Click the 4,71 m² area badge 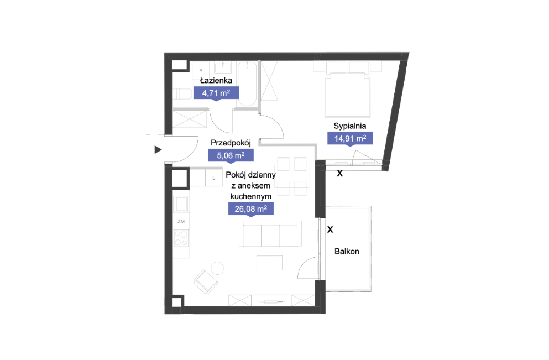click(x=216, y=93)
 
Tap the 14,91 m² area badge click(x=350, y=138)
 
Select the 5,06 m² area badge click(x=231, y=155)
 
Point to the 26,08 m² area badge click(x=250, y=209)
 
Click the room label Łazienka click(x=216, y=80)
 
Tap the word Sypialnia click(x=350, y=126)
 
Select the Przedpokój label click(x=231, y=143)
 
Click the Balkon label click(x=347, y=252)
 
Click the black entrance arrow click(x=158, y=150)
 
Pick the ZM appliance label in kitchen click(x=181, y=222)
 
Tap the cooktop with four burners click(x=181, y=238)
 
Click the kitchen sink click(x=181, y=204)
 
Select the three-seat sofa click(x=270, y=233)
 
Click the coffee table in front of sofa click(x=269, y=263)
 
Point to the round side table click(x=217, y=268)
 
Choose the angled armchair click(x=206, y=281)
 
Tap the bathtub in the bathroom click(x=247, y=84)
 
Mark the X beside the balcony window click(x=330, y=229)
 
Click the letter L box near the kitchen click(x=214, y=178)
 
